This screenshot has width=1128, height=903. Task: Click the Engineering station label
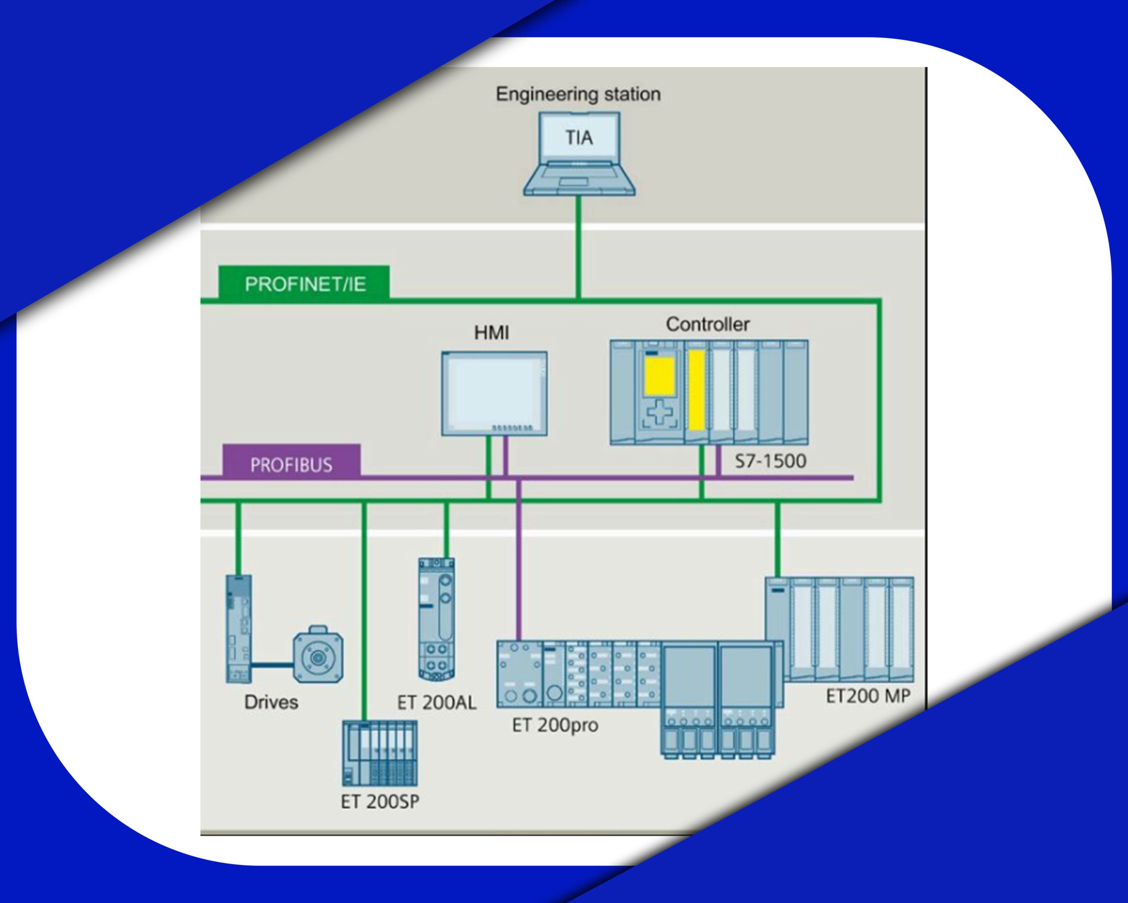[x=578, y=95]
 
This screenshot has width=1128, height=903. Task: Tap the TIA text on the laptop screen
[x=579, y=138]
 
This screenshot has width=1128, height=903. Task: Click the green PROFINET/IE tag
[x=304, y=283]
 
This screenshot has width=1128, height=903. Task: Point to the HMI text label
[x=491, y=332]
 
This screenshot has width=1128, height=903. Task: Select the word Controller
[x=707, y=324]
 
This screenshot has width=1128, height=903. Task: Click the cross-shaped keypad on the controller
[x=660, y=413]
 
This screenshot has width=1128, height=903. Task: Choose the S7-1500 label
[x=771, y=461]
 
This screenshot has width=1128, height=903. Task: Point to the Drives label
[x=271, y=702]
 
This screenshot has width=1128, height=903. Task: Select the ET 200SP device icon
[x=380, y=753]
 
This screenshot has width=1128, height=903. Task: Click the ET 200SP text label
[x=380, y=802]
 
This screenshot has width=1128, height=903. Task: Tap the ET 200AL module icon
[x=436, y=619]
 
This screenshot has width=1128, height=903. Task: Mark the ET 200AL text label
[x=437, y=702]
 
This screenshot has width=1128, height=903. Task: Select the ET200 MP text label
[x=868, y=696]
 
